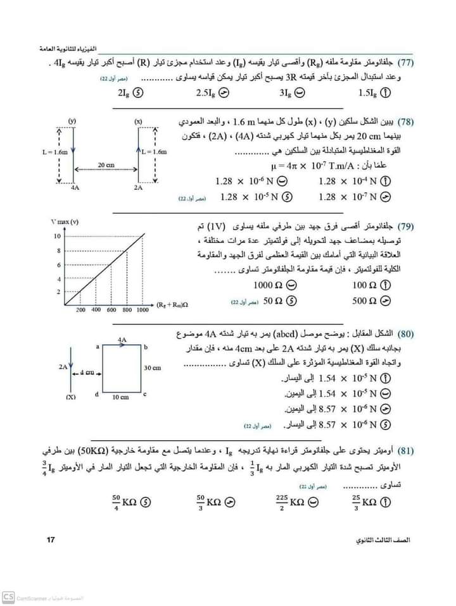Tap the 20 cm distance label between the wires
point(105,165)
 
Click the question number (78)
point(406,120)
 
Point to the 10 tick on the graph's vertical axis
point(56,236)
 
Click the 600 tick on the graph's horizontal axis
point(111,311)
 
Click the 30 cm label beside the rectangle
point(152,368)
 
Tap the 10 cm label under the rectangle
point(120,397)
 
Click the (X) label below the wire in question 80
point(71,397)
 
